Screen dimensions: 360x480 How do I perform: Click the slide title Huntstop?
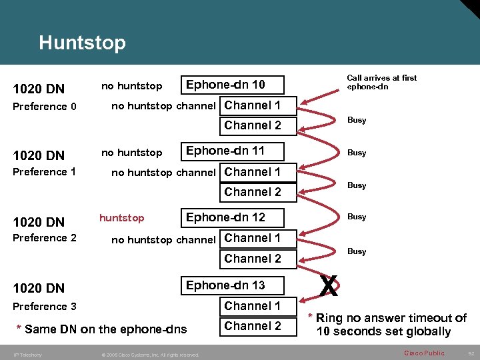click(x=82, y=43)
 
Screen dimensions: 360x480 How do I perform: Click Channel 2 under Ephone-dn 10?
click(x=253, y=125)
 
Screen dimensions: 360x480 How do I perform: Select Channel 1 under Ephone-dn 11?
click(x=253, y=172)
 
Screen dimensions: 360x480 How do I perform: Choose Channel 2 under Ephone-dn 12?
click(x=253, y=259)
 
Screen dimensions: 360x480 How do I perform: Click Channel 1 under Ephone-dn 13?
click(x=253, y=306)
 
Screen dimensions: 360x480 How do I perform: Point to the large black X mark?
click(x=327, y=287)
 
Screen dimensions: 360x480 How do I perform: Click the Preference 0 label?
click(x=45, y=107)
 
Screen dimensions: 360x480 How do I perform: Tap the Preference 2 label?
click(x=45, y=238)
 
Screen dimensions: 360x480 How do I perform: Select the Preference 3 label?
click(x=45, y=307)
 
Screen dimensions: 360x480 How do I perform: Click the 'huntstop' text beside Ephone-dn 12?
click(x=121, y=218)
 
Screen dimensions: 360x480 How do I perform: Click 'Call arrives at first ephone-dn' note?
click(x=381, y=82)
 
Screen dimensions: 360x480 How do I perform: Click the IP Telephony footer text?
click(x=27, y=355)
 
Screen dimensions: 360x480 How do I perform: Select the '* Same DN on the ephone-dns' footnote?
click(x=105, y=329)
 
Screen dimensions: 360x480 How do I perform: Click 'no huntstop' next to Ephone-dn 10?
click(x=131, y=86)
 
